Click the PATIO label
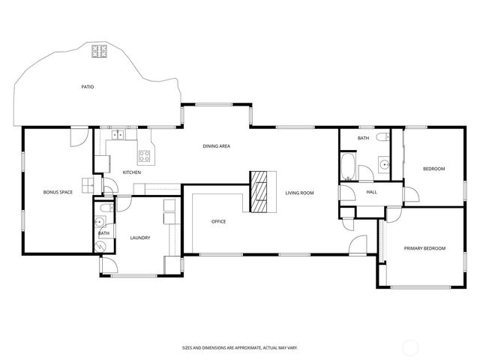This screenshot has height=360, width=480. pos(88,87)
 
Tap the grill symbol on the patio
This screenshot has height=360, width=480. pos(100,52)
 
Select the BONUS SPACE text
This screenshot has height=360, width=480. pos(58,193)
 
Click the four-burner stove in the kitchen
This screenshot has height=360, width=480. pos(144,157)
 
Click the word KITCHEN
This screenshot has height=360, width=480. pos(132,172)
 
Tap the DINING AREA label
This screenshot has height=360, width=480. pos(216,145)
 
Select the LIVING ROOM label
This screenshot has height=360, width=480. pos(299,193)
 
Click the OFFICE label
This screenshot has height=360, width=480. pos(218,221)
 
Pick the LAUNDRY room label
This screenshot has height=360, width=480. pos(140,238)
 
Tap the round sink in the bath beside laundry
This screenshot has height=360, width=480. pos(100,222)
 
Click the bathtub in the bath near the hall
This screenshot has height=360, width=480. pos(349,167)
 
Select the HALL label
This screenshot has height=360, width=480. pos(371,192)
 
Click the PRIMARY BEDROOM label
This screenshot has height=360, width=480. pos(424,248)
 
